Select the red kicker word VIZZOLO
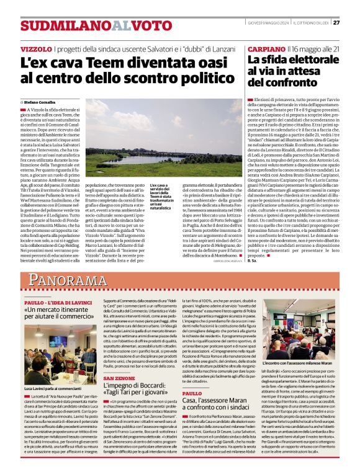(36, 48)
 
